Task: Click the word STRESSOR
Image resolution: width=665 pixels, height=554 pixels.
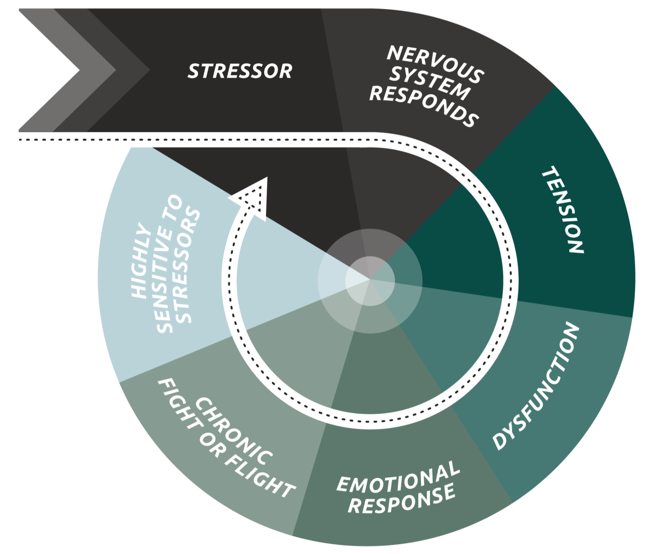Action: coord(240,71)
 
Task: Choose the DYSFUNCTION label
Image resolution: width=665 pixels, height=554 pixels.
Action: coord(536,386)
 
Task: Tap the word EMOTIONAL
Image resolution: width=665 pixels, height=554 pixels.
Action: coord(398,477)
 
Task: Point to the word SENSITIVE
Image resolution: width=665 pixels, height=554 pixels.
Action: coord(165,277)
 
